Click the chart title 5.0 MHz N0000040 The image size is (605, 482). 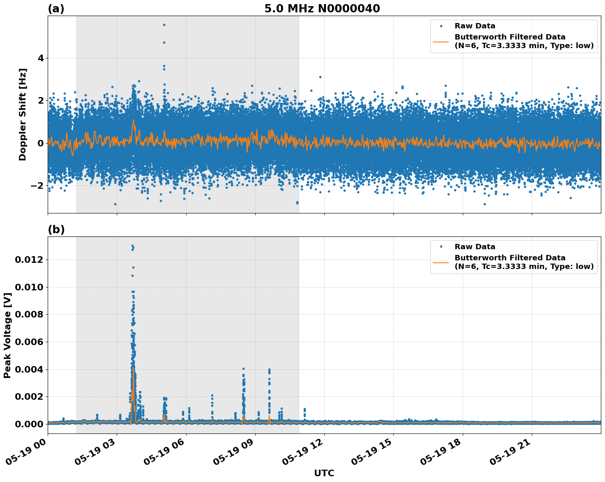(x=322, y=9)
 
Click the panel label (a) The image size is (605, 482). (x=56, y=9)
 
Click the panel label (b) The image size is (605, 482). (x=56, y=229)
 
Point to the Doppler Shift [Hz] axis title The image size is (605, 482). (x=23, y=114)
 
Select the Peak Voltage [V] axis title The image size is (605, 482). (x=7, y=335)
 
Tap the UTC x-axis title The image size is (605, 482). (x=324, y=473)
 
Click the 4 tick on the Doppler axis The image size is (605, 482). (x=40, y=58)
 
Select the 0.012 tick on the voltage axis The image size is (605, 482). (x=29, y=260)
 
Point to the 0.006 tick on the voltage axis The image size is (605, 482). (x=29, y=342)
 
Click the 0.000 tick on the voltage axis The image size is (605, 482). (x=29, y=424)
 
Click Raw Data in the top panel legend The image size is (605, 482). (x=475, y=26)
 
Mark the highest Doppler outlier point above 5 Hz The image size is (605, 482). (x=164, y=25)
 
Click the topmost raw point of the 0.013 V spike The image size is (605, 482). (x=132, y=246)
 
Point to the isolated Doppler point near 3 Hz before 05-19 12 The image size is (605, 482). (x=320, y=77)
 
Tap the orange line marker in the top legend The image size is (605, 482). (x=441, y=41)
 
